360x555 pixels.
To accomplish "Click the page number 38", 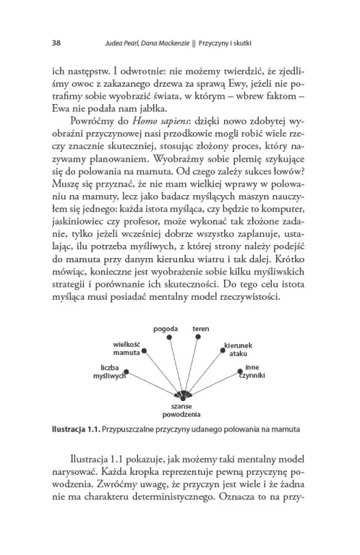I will click(56, 42).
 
